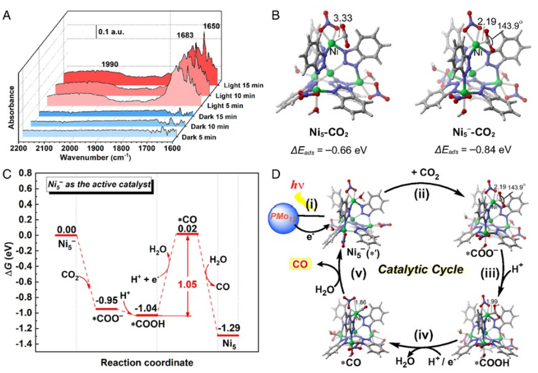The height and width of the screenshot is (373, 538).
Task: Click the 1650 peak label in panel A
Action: point(212,26)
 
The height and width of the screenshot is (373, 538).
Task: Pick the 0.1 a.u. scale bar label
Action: point(111,31)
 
